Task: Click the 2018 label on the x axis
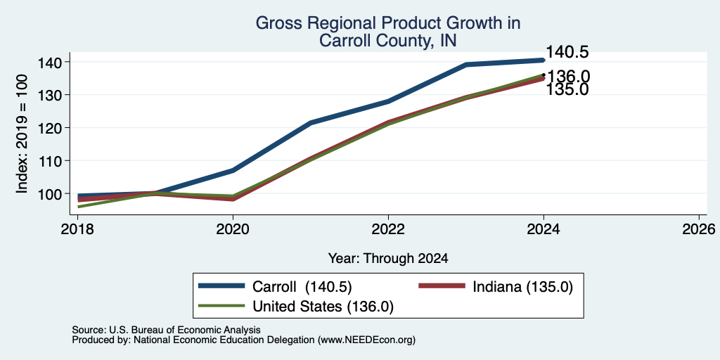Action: click(x=77, y=229)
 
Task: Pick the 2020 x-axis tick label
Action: click(x=233, y=229)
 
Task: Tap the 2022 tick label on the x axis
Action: click(x=388, y=229)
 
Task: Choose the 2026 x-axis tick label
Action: click(x=699, y=229)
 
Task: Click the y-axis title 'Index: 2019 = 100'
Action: click(x=22, y=134)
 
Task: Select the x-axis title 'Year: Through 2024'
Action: click(x=388, y=259)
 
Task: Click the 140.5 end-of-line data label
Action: click(x=567, y=52)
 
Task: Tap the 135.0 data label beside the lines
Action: click(x=567, y=89)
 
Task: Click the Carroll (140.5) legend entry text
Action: click(x=302, y=287)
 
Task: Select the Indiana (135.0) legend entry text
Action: click(x=522, y=287)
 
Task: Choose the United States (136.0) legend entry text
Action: click(x=323, y=307)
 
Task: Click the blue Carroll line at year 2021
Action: click(x=311, y=123)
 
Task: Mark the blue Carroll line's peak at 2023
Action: click(x=466, y=65)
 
